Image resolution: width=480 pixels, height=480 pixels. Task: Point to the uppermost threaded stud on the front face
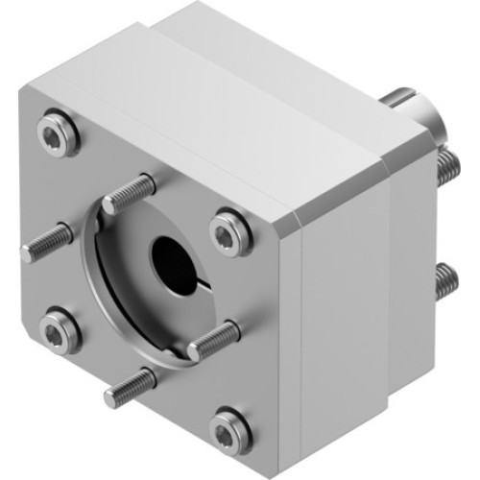130,192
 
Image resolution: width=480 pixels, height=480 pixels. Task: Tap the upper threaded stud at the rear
446,168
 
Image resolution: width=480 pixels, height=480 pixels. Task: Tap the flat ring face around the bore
144,288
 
